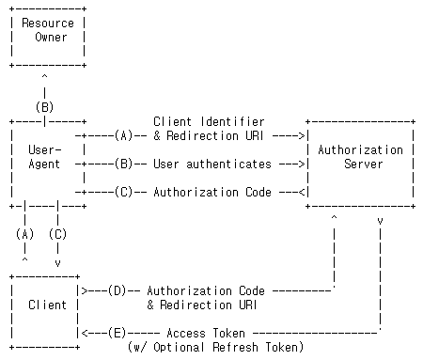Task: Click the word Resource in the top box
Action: (x=47, y=23)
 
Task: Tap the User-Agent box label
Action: (x=44, y=157)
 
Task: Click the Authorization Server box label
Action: (x=360, y=157)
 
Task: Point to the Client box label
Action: (x=47, y=305)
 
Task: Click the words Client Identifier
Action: (x=208, y=122)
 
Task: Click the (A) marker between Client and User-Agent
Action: (x=25, y=234)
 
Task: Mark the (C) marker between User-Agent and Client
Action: (x=58, y=234)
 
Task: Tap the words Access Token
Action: (x=205, y=333)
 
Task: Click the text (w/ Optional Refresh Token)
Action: (x=215, y=347)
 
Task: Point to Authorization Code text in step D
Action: (x=205, y=290)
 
